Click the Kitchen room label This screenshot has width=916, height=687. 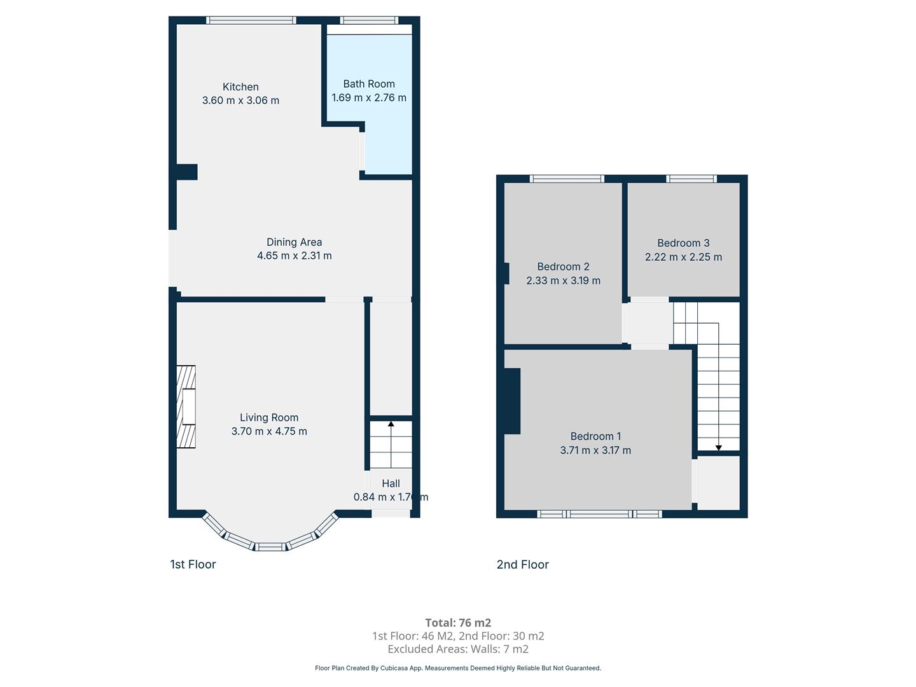click(x=240, y=87)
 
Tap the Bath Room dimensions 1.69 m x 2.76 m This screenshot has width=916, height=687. click(x=369, y=97)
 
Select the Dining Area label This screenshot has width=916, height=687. click(x=295, y=242)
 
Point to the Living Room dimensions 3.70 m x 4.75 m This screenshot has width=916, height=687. click(x=269, y=431)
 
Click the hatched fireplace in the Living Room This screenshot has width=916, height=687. click(x=186, y=406)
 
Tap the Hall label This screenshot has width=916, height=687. click(x=391, y=483)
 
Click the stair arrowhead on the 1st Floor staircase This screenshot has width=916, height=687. click(x=391, y=424)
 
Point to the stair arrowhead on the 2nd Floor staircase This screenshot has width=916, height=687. click(x=719, y=448)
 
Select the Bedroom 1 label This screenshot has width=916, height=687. click(x=595, y=436)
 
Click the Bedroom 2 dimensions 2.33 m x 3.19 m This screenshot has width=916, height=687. click(x=564, y=281)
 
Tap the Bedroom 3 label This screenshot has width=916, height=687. click(x=683, y=243)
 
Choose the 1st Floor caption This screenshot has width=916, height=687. click(x=193, y=564)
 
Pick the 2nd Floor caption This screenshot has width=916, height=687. click(x=522, y=564)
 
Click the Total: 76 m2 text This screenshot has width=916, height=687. click(x=458, y=623)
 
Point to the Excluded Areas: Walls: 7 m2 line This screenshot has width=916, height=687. click(x=458, y=649)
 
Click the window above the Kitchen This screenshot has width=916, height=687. click(x=251, y=20)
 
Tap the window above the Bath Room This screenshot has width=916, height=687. click(x=369, y=20)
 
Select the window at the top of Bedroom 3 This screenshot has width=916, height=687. click(x=691, y=179)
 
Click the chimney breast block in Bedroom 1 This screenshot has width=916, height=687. click(x=513, y=401)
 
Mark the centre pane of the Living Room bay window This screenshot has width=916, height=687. click(x=270, y=547)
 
